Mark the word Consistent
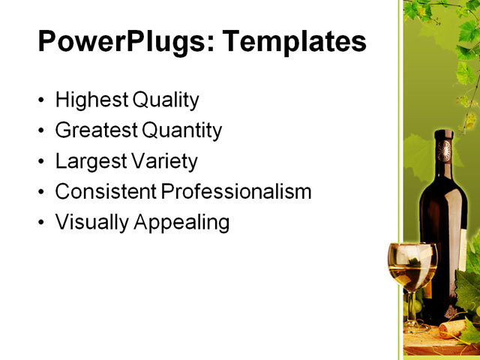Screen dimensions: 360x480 point(106,192)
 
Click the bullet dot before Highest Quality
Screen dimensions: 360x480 point(40,100)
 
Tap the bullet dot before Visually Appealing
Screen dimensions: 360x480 point(40,223)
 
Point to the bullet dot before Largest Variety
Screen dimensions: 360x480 point(40,162)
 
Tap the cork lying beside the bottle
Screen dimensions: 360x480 point(451,328)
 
